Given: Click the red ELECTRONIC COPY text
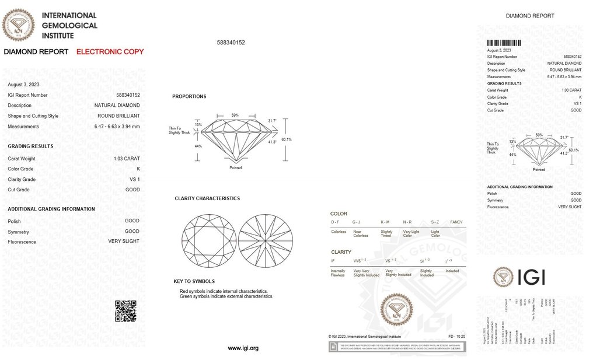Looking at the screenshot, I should tap(110, 52).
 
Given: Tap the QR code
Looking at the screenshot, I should tap(125, 310).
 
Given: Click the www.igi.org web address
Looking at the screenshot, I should tap(243, 348).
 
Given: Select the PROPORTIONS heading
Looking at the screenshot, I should tap(189, 97).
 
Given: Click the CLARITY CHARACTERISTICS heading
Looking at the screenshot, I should tap(207, 198).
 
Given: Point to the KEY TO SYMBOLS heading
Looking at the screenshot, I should tap(194, 281).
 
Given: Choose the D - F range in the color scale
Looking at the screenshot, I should tap(335, 222).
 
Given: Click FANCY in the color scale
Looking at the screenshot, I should tap(456, 222).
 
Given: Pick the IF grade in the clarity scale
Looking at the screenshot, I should tap(333, 260).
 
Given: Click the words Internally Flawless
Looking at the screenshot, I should tap(338, 272).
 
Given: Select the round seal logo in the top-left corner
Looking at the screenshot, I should tap(19, 25).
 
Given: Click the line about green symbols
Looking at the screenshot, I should tap(226, 296).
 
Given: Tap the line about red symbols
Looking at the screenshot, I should tap(224, 291).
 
